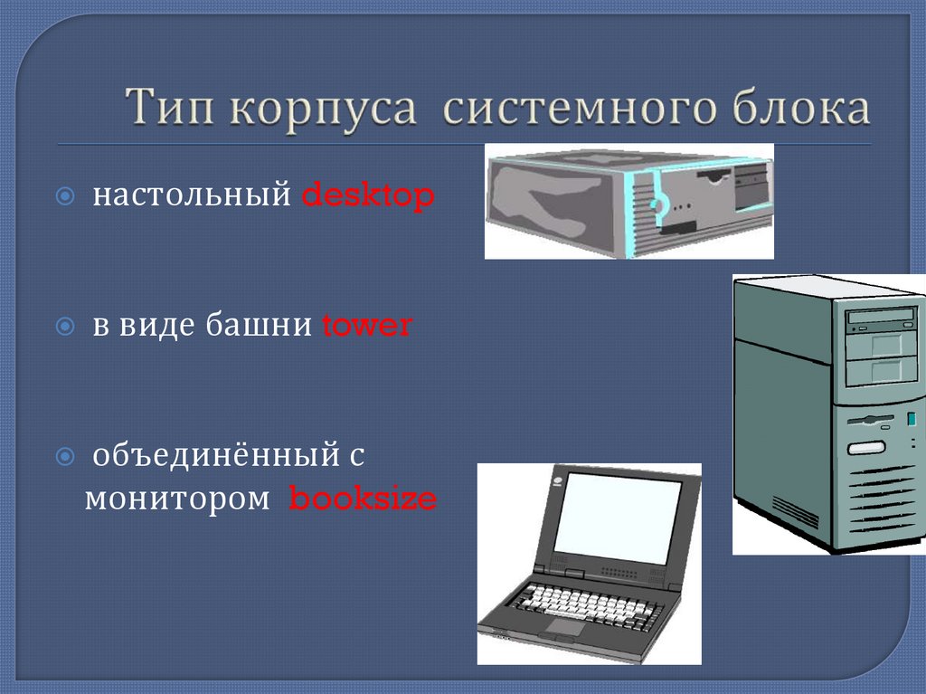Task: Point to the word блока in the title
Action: [801, 109]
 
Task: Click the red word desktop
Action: [367, 195]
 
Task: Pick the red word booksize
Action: [362, 499]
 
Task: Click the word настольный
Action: [194, 196]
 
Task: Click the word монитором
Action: [177, 499]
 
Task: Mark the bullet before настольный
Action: [66, 196]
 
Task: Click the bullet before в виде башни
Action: [66, 326]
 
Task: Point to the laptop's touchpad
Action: [564, 626]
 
